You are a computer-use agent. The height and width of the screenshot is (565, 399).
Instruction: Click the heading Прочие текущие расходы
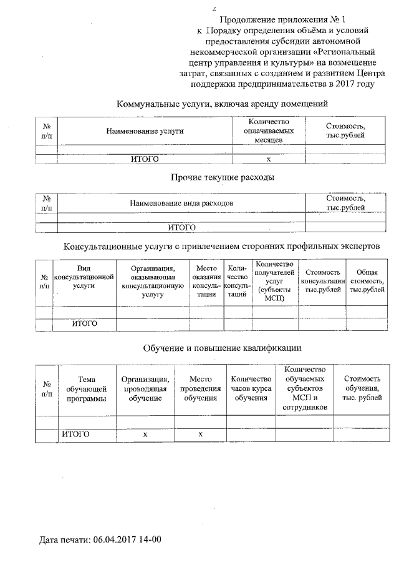pos(223,177)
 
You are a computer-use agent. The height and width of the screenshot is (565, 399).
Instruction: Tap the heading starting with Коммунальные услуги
pos(223,104)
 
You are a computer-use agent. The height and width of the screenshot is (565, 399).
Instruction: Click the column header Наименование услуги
pos(145,132)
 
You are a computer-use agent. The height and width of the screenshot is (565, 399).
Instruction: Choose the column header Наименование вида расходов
pos(181,204)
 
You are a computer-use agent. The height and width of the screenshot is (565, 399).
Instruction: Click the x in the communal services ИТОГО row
pos(269,159)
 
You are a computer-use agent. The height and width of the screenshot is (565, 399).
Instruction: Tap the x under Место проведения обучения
pos(200,434)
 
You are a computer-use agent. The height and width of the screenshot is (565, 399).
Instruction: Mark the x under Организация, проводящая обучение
pos(145,434)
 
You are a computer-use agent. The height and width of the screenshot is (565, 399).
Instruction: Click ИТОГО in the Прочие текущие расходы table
pos(181,227)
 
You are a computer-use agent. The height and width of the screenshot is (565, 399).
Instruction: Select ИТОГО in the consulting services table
pos(84,323)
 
